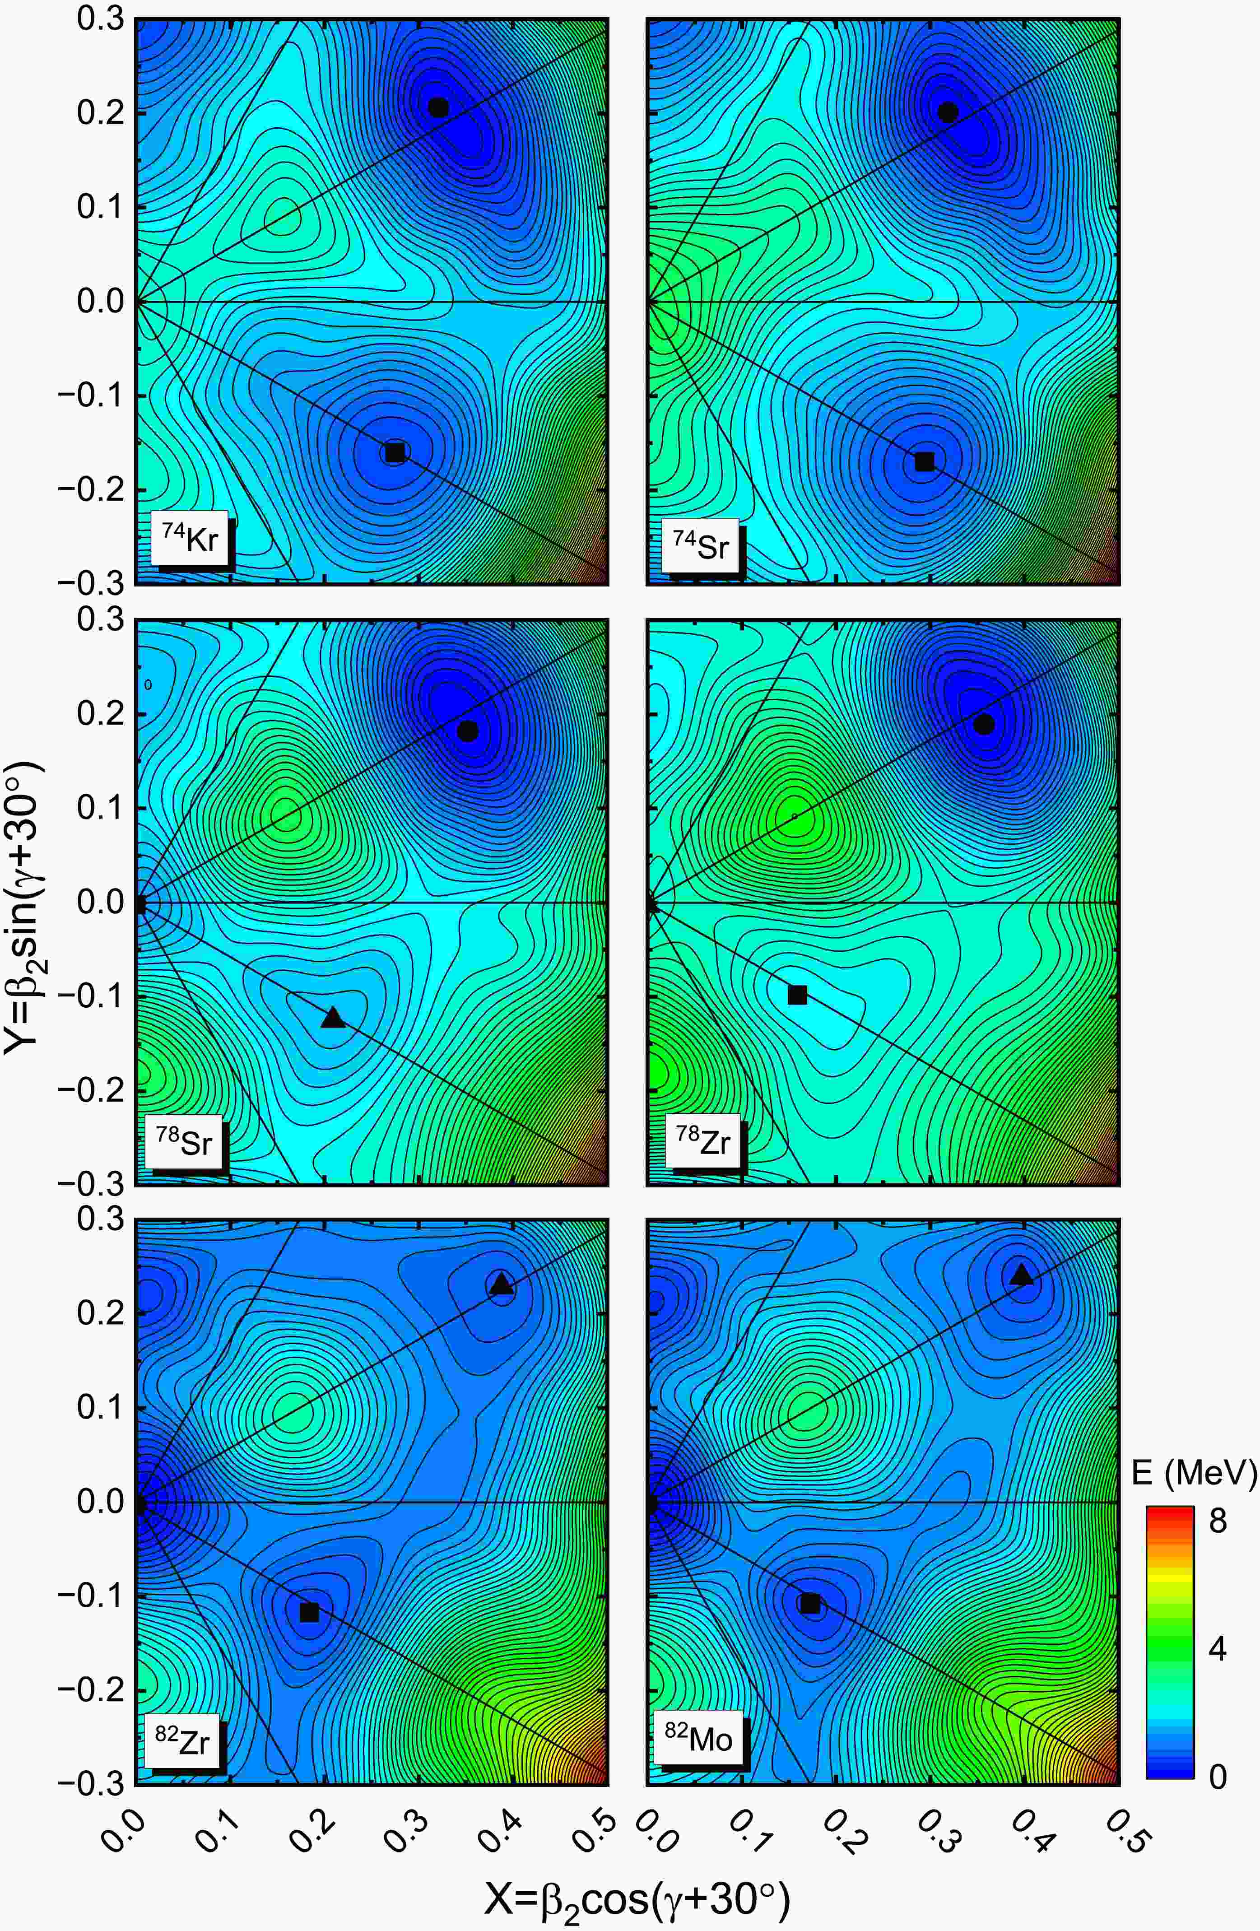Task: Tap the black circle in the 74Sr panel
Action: click(948, 112)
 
